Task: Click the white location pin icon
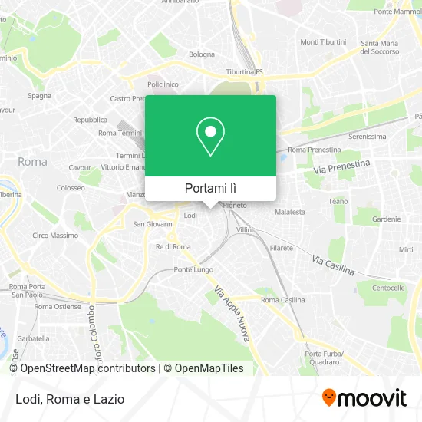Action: pos(210,137)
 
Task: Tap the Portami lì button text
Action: pos(210,188)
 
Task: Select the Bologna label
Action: pos(202,54)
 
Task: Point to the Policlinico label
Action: pos(162,84)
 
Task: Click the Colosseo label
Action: pos(71,187)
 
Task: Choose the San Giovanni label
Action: pos(150,224)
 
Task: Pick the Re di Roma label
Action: pos(173,246)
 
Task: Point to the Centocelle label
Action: pos(388,288)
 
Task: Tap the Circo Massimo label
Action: pos(54,236)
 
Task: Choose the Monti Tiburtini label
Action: pos(323,41)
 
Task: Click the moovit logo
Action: pos(364,398)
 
